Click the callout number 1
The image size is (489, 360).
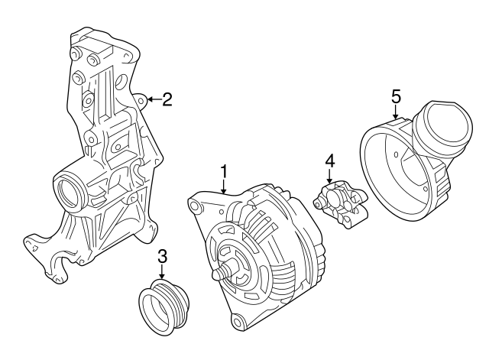(224, 170)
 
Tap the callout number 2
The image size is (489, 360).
(167, 99)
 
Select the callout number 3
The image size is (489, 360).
(162, 256)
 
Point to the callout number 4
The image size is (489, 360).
(330, 161)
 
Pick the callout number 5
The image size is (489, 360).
(396, 96)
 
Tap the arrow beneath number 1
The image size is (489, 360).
(224, 186)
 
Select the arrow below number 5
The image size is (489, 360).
(396, 112)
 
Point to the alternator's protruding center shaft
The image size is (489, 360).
(223, 271)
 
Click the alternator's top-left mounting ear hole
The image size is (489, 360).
(196, 205)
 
